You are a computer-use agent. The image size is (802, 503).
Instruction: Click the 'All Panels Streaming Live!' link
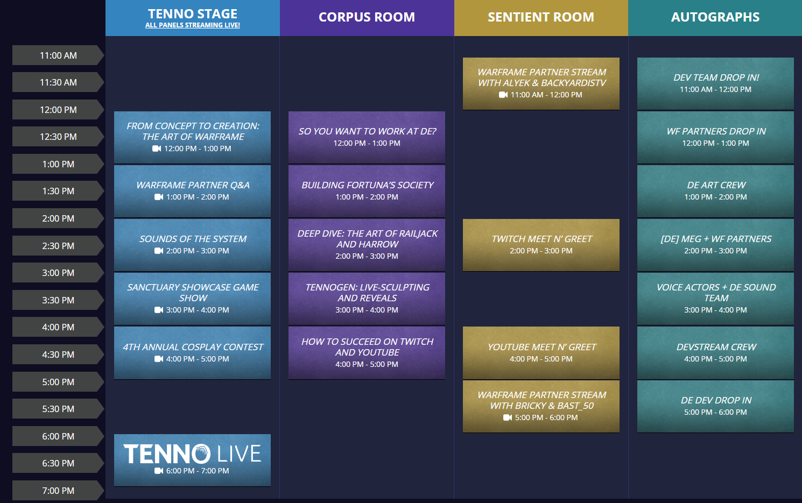point(193,25)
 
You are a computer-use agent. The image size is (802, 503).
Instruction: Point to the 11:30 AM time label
point(58,82)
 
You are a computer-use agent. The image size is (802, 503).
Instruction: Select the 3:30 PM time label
point(58,300)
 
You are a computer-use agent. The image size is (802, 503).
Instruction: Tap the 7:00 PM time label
point(58,491)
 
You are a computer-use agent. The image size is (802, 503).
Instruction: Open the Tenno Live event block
point(192,460)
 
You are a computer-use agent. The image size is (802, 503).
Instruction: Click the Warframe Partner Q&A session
point(192,191)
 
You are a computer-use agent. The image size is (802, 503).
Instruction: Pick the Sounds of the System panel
point(192,245)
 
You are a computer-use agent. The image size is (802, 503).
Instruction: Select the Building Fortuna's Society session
point(367,191)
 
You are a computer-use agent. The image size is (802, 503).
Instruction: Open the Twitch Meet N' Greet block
point(541,245)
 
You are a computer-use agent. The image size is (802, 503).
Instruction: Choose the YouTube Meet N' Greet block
point(541,353)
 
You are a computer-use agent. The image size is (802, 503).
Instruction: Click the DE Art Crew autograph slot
point(715,191)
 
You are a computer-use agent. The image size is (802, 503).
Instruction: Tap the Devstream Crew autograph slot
point(715,353)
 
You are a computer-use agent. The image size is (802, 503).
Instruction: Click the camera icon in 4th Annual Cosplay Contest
point(159,359)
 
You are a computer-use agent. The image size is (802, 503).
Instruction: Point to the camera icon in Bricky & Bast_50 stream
point(508,417)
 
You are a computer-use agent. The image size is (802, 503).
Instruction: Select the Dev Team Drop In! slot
point(715,84)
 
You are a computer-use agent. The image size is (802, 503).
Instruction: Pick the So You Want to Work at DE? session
point(367,137)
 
